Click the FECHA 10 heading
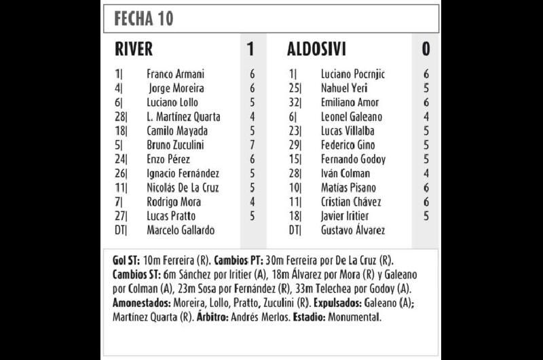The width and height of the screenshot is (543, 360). click(x=144, y=18)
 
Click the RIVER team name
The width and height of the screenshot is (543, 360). click(x=134, y=49)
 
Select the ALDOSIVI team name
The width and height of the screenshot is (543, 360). click(x=316, y=49)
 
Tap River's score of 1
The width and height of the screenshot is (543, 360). click(x=250, y=49)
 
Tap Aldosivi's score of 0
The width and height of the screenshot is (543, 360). click(x=426, y=49)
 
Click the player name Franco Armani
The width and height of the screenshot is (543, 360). click(x=175, y=74)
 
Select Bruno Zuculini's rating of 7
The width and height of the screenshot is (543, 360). click(x=252, y=145)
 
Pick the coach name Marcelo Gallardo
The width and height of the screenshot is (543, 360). click(x=181, y=230)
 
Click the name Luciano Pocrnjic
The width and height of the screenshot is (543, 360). click(x=353, y=74)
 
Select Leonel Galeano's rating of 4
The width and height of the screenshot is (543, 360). click(x=426, y=117)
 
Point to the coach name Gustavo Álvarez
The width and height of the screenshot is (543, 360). click(x=353, y=230)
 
